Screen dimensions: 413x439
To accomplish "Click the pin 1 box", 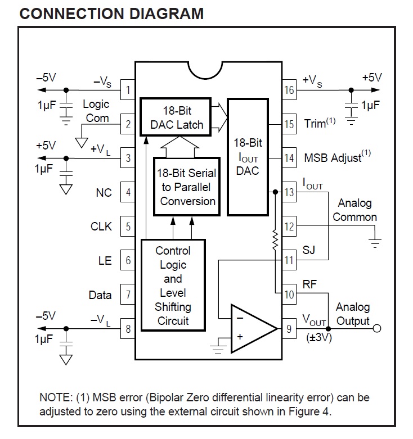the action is [x=128, y=90].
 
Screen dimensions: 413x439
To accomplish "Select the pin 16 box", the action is [x=289, y=90].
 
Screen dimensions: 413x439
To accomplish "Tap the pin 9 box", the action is [x=289, y=328].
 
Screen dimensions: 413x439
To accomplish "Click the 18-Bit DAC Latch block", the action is [x=176, y=117].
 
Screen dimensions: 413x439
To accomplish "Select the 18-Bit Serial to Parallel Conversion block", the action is [x=187, y=187].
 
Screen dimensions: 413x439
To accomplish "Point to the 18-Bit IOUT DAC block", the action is [x=248, y=157].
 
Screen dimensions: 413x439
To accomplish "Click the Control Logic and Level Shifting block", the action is [x=173, y=286].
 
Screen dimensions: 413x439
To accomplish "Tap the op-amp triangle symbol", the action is [x=254, y=328].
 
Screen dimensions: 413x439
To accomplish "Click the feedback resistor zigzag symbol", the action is [x=275, y=240].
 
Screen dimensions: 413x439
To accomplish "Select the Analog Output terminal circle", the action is [x=377, y=328].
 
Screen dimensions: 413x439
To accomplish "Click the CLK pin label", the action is [x=101, y=227].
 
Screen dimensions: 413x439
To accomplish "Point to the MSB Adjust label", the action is [x=338, y=157].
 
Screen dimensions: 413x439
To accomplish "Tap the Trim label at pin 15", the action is [x=320, y=123].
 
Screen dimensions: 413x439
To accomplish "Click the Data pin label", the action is [x=100, y=295].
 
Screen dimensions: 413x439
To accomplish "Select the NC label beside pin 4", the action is [x=104, y=193].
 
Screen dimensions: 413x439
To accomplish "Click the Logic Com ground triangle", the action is [x=82, y=143].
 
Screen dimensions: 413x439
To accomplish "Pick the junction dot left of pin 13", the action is [x=275, y=192].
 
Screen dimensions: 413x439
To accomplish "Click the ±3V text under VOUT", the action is [x=319, y=338].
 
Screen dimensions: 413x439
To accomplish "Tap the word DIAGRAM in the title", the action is [x=167, y=13].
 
